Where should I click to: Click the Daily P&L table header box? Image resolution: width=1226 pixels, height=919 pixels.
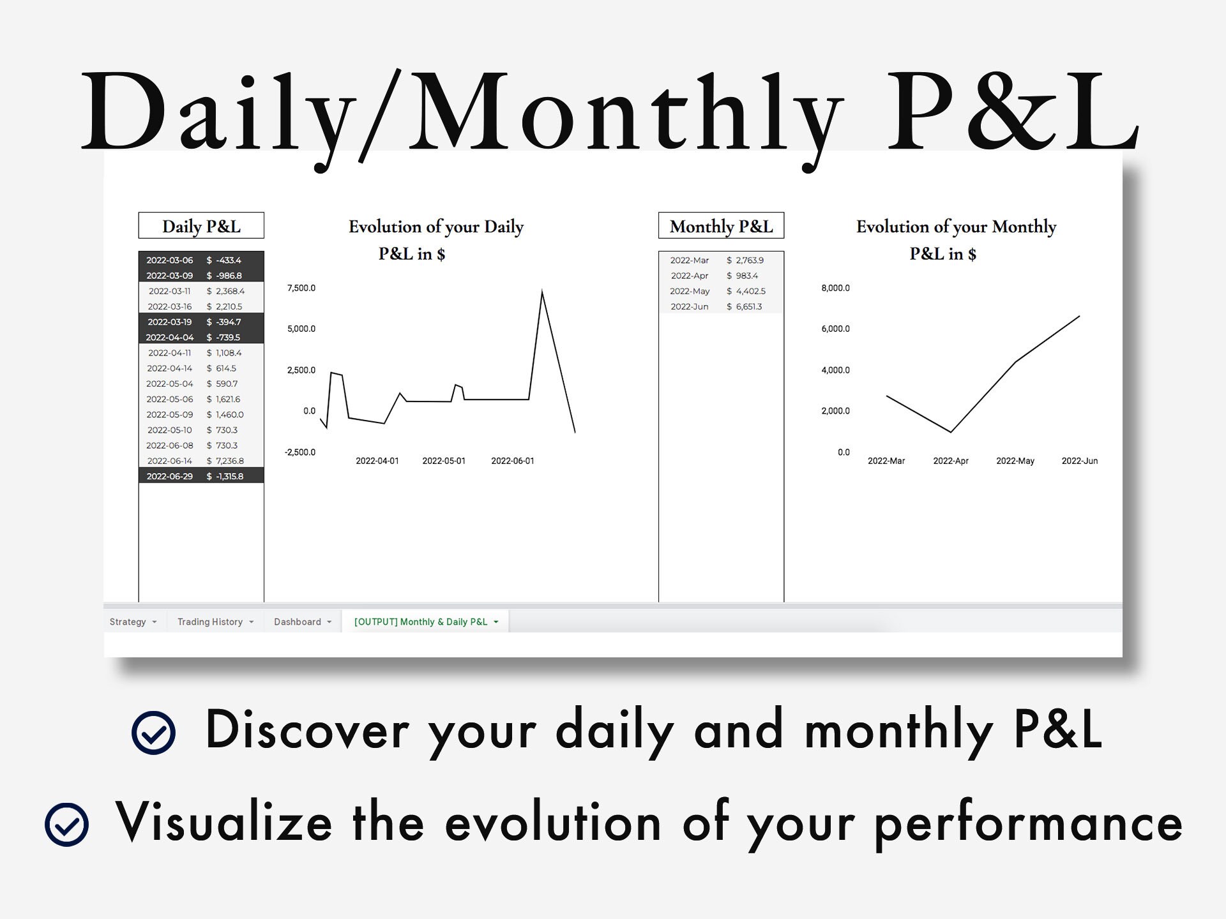point(201,226)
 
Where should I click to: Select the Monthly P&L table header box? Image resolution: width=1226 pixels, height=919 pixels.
point(721,226)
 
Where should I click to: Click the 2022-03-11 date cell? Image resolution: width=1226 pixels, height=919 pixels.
point(169,291)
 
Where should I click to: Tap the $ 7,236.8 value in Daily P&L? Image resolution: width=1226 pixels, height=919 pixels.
point(225,461)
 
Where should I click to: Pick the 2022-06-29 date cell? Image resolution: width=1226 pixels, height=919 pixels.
point(169,476)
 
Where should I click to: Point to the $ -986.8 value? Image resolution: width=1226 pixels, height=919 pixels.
point(224,276)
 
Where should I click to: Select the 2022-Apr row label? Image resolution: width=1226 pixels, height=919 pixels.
point(690,276)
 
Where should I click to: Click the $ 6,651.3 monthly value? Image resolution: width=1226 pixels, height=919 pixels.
point(745,306)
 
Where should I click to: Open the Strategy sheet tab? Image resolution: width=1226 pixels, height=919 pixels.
point(128,622)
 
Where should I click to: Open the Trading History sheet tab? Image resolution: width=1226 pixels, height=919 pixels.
point(210,622)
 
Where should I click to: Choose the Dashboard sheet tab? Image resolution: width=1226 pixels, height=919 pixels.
point(298,622)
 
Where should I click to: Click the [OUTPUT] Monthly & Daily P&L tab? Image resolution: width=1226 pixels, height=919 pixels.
point(421,622)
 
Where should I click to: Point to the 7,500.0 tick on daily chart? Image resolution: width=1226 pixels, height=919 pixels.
point(301,288)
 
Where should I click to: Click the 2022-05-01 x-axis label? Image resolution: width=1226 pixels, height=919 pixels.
point(444,461)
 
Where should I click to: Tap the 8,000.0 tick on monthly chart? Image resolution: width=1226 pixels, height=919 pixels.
point(835,288)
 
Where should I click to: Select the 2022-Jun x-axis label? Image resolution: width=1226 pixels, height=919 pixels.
point(1080,461)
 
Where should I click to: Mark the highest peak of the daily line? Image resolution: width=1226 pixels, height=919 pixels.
point(542,292)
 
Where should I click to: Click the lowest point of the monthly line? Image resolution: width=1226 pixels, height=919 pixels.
point(951,432)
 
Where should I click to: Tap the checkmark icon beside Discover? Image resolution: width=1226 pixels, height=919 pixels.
point(153,733)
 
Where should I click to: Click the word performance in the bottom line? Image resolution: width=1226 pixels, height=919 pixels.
point(1028,823)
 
